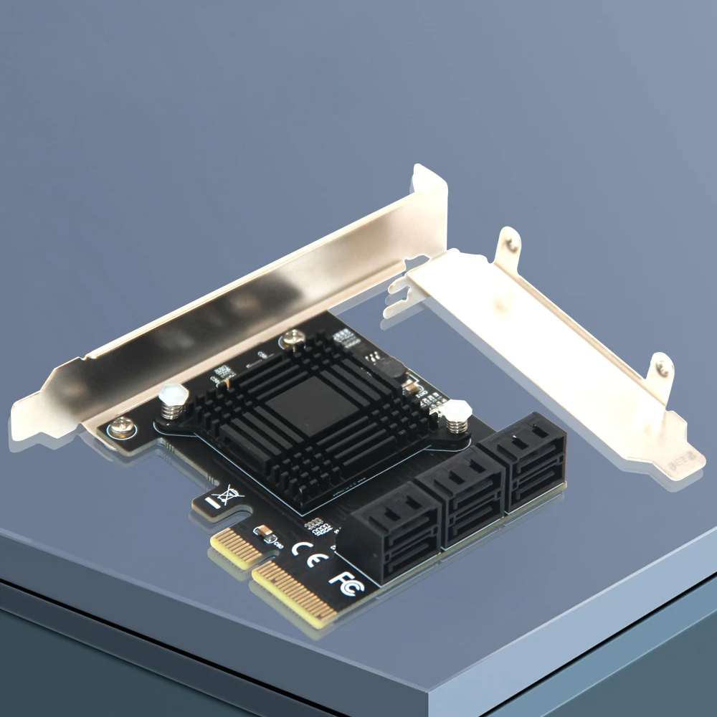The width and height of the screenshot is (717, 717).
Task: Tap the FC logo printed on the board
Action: coord(346,579)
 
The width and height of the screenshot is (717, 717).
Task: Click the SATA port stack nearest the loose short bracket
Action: coord(528,460)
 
